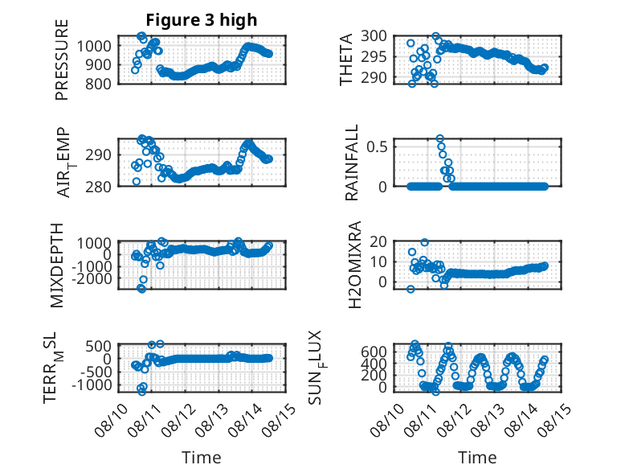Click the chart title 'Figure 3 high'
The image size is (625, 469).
(202, 20)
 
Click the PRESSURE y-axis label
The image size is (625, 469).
(62, 60)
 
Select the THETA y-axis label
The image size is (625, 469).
(346, 60)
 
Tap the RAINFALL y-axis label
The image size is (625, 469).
(352, 163)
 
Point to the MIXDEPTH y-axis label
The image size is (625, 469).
(57, 265)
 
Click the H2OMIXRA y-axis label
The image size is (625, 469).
(354, 265)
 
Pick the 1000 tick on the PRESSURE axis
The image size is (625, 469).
(94, 46)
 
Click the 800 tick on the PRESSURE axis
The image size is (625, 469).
(98, 84)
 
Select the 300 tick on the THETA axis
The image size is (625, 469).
(374, 36)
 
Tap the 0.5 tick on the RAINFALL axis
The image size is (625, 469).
(377, 146)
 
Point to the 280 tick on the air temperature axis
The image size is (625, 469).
(98, 187)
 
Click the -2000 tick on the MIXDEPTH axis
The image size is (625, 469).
(92, 278)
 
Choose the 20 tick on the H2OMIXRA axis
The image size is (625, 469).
(378, 241)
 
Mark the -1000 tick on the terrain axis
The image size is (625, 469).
(92, 385)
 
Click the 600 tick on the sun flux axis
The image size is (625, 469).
(374, 352)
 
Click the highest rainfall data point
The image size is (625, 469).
(439, 138)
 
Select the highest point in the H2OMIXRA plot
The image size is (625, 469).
(424, 242)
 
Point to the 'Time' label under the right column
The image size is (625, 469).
(477, 458)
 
